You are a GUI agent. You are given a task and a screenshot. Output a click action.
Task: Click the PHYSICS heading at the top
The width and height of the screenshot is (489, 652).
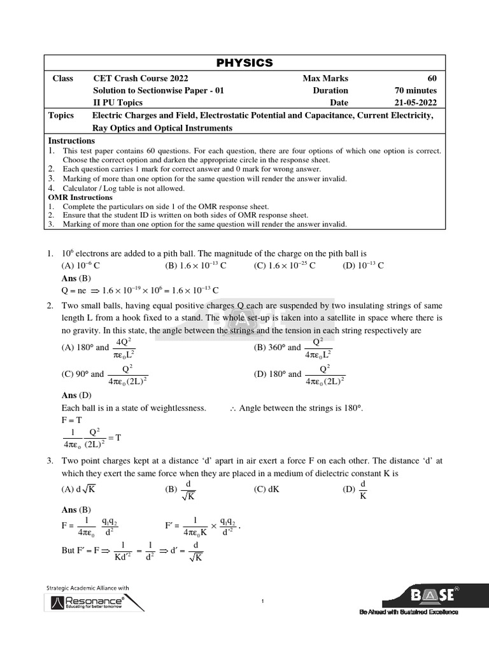coord(245,62)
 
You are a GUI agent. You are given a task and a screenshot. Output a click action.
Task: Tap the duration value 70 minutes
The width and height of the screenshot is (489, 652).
coord(416,90)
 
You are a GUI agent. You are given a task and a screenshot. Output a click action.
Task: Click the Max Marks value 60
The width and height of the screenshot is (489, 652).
coord(432,78)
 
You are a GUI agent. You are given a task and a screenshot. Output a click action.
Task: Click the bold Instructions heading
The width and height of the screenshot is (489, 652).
coord(72,141)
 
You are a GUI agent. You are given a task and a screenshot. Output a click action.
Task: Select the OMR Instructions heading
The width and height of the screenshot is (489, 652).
coord(81,197)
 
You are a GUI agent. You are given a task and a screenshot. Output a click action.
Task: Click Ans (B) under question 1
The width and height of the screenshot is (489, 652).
coord(76,278)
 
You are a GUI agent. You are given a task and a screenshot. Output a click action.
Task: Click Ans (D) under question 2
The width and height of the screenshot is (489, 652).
coord(76,395)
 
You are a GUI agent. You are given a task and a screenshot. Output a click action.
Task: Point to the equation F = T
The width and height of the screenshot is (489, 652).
coord(72,420)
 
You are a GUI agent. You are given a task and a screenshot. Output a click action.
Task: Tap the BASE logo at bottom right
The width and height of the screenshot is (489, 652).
coord(433,596)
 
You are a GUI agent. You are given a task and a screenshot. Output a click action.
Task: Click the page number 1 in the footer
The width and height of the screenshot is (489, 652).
coord(262,601)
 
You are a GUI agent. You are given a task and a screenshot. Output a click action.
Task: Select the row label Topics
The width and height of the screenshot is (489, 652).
coord(61,115)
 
